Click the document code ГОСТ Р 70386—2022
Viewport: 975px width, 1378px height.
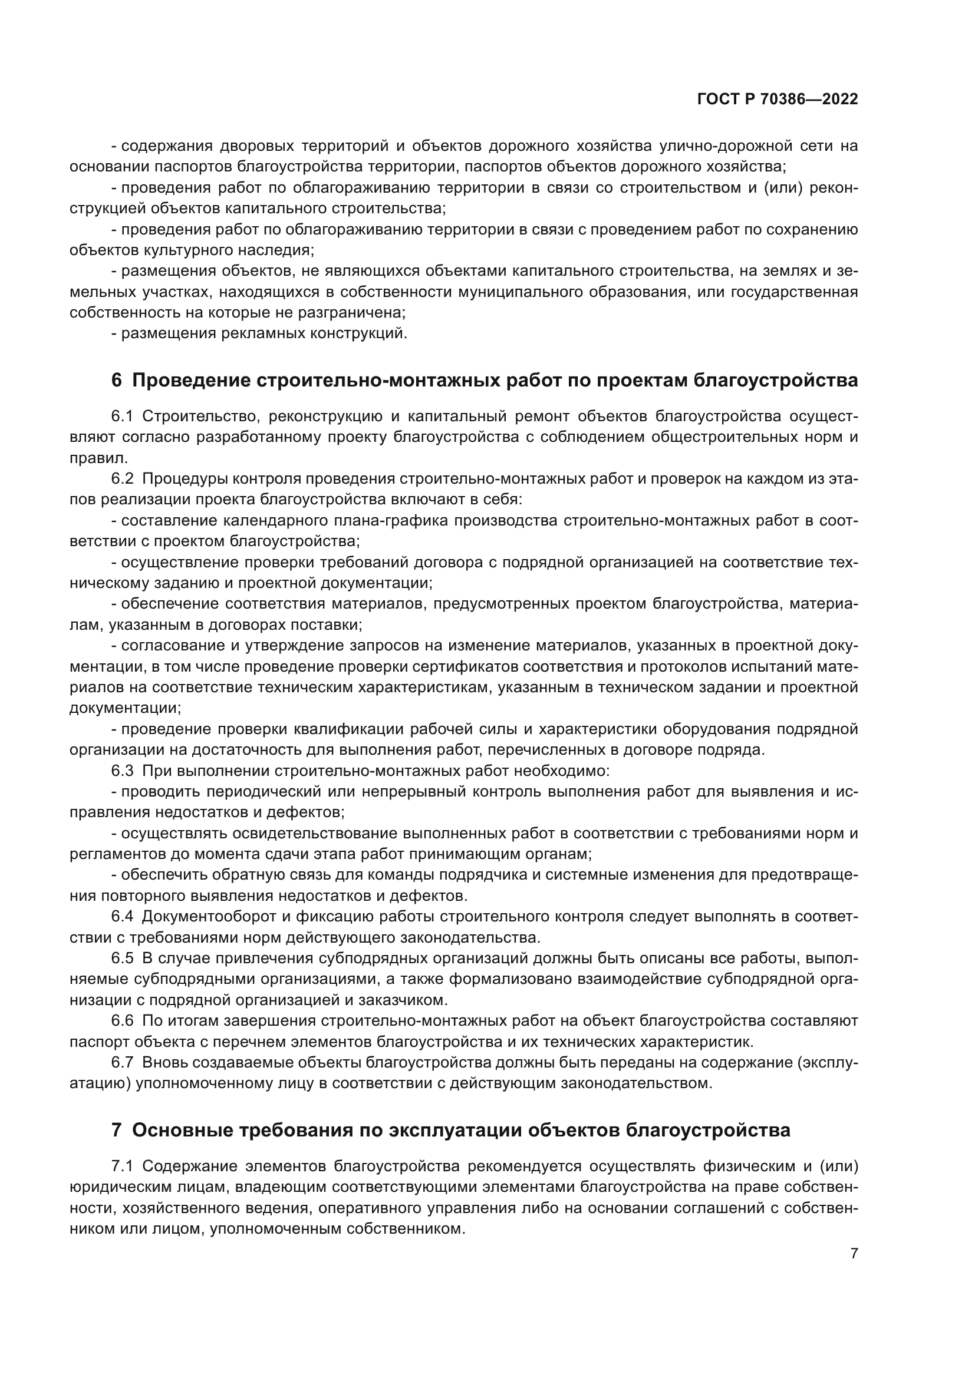click(x=778, y=100)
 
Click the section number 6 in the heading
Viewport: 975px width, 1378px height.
click(x=117, y=381)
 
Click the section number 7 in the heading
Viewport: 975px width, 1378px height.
click(x=117, y=1131)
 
